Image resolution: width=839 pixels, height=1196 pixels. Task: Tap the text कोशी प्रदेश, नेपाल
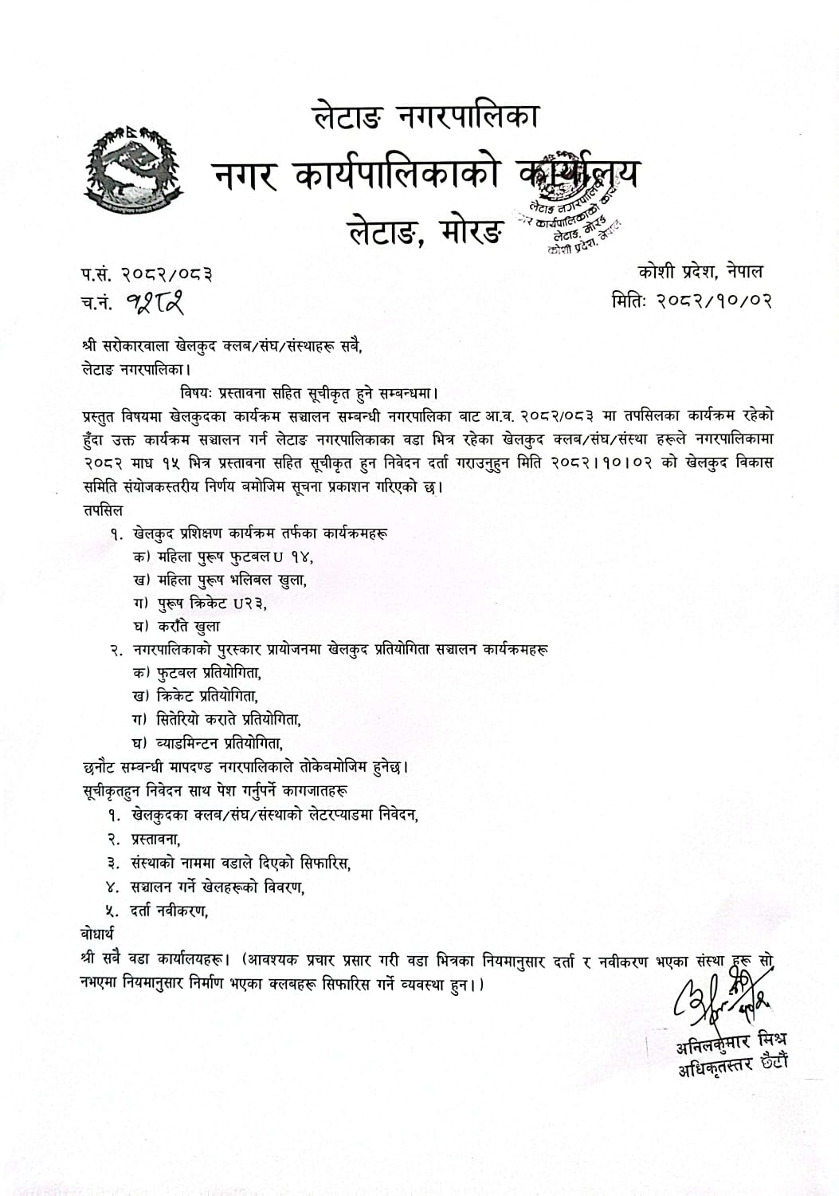(700, 272)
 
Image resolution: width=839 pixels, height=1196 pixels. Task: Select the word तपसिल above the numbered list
(103, 509)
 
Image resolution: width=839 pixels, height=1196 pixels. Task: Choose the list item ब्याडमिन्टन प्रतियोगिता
(221, 742)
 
